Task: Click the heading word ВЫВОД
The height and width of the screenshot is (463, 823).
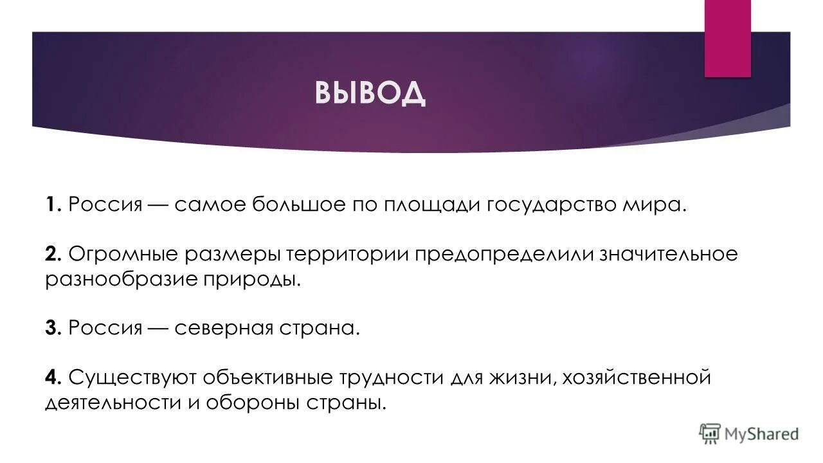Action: (x=370, y=93)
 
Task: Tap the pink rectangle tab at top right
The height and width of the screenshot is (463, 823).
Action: (x=727, y=39)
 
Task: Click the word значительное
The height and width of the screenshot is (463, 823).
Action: (x=669, y=255)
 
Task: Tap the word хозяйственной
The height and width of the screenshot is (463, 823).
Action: (x=637, y=377)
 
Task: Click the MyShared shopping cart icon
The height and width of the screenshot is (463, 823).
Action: (x=709, y=433)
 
